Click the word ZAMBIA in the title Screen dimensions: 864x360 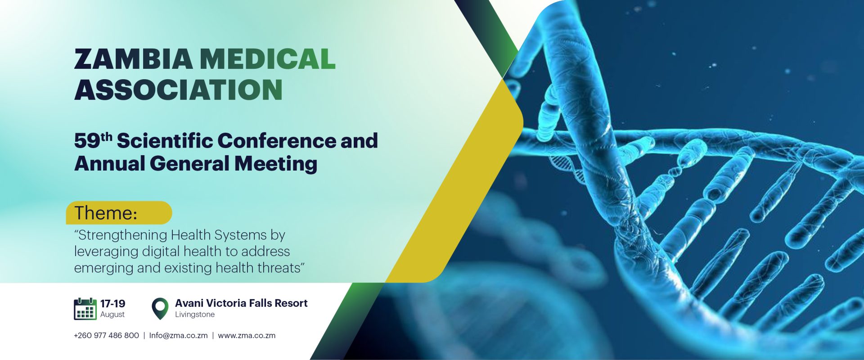coord(134,59)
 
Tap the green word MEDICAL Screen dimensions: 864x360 coord(268,59)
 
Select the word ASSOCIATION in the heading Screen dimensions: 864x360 coord(178,90)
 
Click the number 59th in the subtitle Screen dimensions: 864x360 coord(93,140)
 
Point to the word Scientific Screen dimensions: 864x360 coord(165,140)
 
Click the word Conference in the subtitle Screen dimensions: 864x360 coord(277,140)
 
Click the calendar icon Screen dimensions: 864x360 coord(85,309)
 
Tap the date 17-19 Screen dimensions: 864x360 coord(112,304)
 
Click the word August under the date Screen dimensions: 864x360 coord(112,315)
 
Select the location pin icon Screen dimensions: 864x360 coord(160,309)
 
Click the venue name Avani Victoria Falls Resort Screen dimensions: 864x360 coord(241,303)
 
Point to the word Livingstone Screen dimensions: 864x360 coord(195,315)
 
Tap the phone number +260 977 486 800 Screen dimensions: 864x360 coord(106,336)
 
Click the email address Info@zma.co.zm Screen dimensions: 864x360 coord(178,336)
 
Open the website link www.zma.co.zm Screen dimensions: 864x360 coord(247,336)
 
